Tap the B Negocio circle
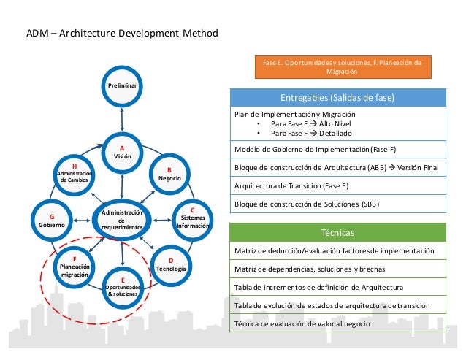169,173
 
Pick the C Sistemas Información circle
192,218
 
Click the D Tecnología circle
170,265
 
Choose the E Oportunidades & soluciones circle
123,287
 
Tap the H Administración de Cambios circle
75,174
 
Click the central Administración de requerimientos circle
121,220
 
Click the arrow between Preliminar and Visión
122,117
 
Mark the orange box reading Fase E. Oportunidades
343,67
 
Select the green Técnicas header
337,233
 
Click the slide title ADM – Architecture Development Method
122,34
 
